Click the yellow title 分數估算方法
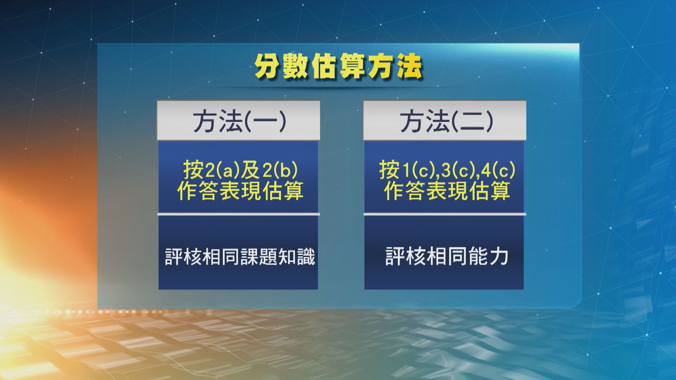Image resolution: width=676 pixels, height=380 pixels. [x=338, y=66]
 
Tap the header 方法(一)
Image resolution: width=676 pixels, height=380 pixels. [x=239, y=121]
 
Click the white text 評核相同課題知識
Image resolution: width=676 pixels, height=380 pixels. [x=239, y=257]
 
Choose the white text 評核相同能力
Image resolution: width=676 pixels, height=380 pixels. [x=446, y=256]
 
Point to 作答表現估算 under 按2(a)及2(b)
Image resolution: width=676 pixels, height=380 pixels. [x=240, y=191]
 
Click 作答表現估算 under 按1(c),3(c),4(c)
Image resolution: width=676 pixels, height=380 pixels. [x=446, y=191]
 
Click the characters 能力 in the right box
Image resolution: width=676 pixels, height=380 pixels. [x=488, y=256]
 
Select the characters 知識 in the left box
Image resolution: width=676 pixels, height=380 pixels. [x=296, y=257]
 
